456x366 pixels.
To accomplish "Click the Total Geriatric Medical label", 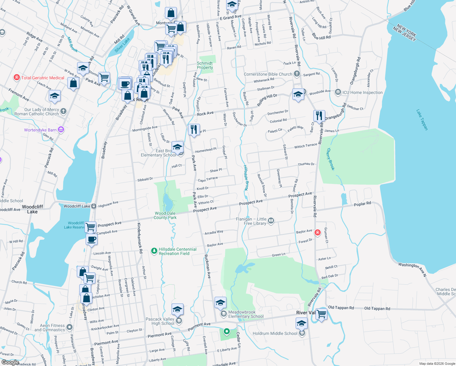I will click(43, 78).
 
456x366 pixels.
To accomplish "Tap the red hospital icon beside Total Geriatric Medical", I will click(17, 78).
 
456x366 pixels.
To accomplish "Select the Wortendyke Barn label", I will click(40, 130).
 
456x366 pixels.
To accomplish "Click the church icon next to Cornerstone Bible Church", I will click(297, 74).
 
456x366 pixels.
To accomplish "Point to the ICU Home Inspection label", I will click(362, 92).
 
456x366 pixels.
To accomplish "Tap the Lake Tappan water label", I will click(422, 120).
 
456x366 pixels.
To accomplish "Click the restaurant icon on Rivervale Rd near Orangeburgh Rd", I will click(319, 116).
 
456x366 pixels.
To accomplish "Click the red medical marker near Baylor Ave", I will click(318, 233).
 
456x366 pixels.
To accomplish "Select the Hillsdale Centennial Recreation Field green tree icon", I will click(154, 251).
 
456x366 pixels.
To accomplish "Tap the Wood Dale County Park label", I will click(165, 215).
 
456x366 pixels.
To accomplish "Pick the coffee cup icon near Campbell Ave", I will click(91, 239).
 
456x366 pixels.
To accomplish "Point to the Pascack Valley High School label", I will click(160, 321).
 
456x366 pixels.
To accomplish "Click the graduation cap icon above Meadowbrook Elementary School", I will click(220, 303).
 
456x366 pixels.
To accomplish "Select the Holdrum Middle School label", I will click(275, 333).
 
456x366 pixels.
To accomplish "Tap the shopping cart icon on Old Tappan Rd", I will click(321, 313).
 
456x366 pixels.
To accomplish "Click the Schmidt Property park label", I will click(205, 65).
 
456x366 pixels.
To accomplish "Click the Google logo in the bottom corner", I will click(10, 362).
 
